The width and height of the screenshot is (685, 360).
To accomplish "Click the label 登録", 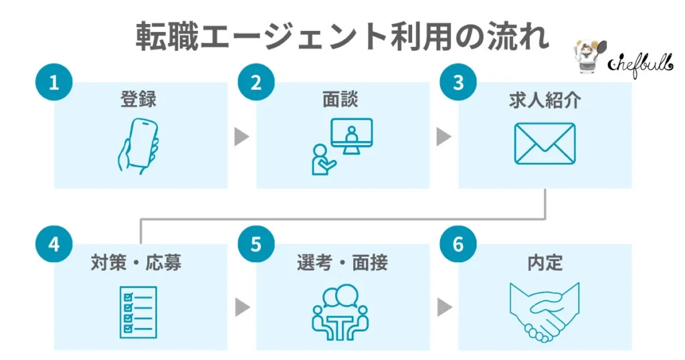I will (x=139, y=100).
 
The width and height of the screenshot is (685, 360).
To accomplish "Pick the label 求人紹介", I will (x=544, y=100).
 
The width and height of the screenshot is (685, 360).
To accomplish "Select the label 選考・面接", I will (x=342, y=262).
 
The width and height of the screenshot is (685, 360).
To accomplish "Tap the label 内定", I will (x=545, y=262).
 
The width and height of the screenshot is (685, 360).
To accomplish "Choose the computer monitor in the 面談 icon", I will (x=352, y=136).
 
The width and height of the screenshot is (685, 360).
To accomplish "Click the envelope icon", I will (x=545, y=144).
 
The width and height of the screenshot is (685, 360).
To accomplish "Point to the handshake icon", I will (x=544, y=310).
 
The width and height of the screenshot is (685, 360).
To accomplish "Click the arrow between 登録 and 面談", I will (x=241, y=137).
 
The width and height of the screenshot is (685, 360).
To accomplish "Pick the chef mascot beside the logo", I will (x=588, y=56).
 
